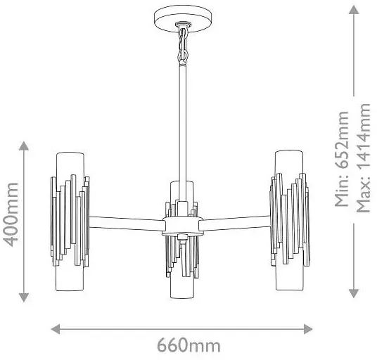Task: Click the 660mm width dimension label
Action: tap(188, 346)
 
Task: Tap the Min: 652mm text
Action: tap(342, 159)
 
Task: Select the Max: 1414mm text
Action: tap(363, 158)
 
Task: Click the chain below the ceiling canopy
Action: tap(183, 44)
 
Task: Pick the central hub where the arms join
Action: tap(183, 226)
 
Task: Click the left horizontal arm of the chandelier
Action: tap(127, 224)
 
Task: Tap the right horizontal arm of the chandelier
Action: tap(235, 222)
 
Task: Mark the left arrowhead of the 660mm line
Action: tap(56, 329)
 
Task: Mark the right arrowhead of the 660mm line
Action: tap(308, 329)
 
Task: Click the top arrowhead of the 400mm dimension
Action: tap(24, 146)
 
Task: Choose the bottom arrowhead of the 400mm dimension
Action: tap(24, 297)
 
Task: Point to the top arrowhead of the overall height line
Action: tap(354, 10)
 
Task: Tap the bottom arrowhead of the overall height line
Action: tap(354, 293)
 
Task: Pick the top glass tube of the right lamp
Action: tap(289, 163)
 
